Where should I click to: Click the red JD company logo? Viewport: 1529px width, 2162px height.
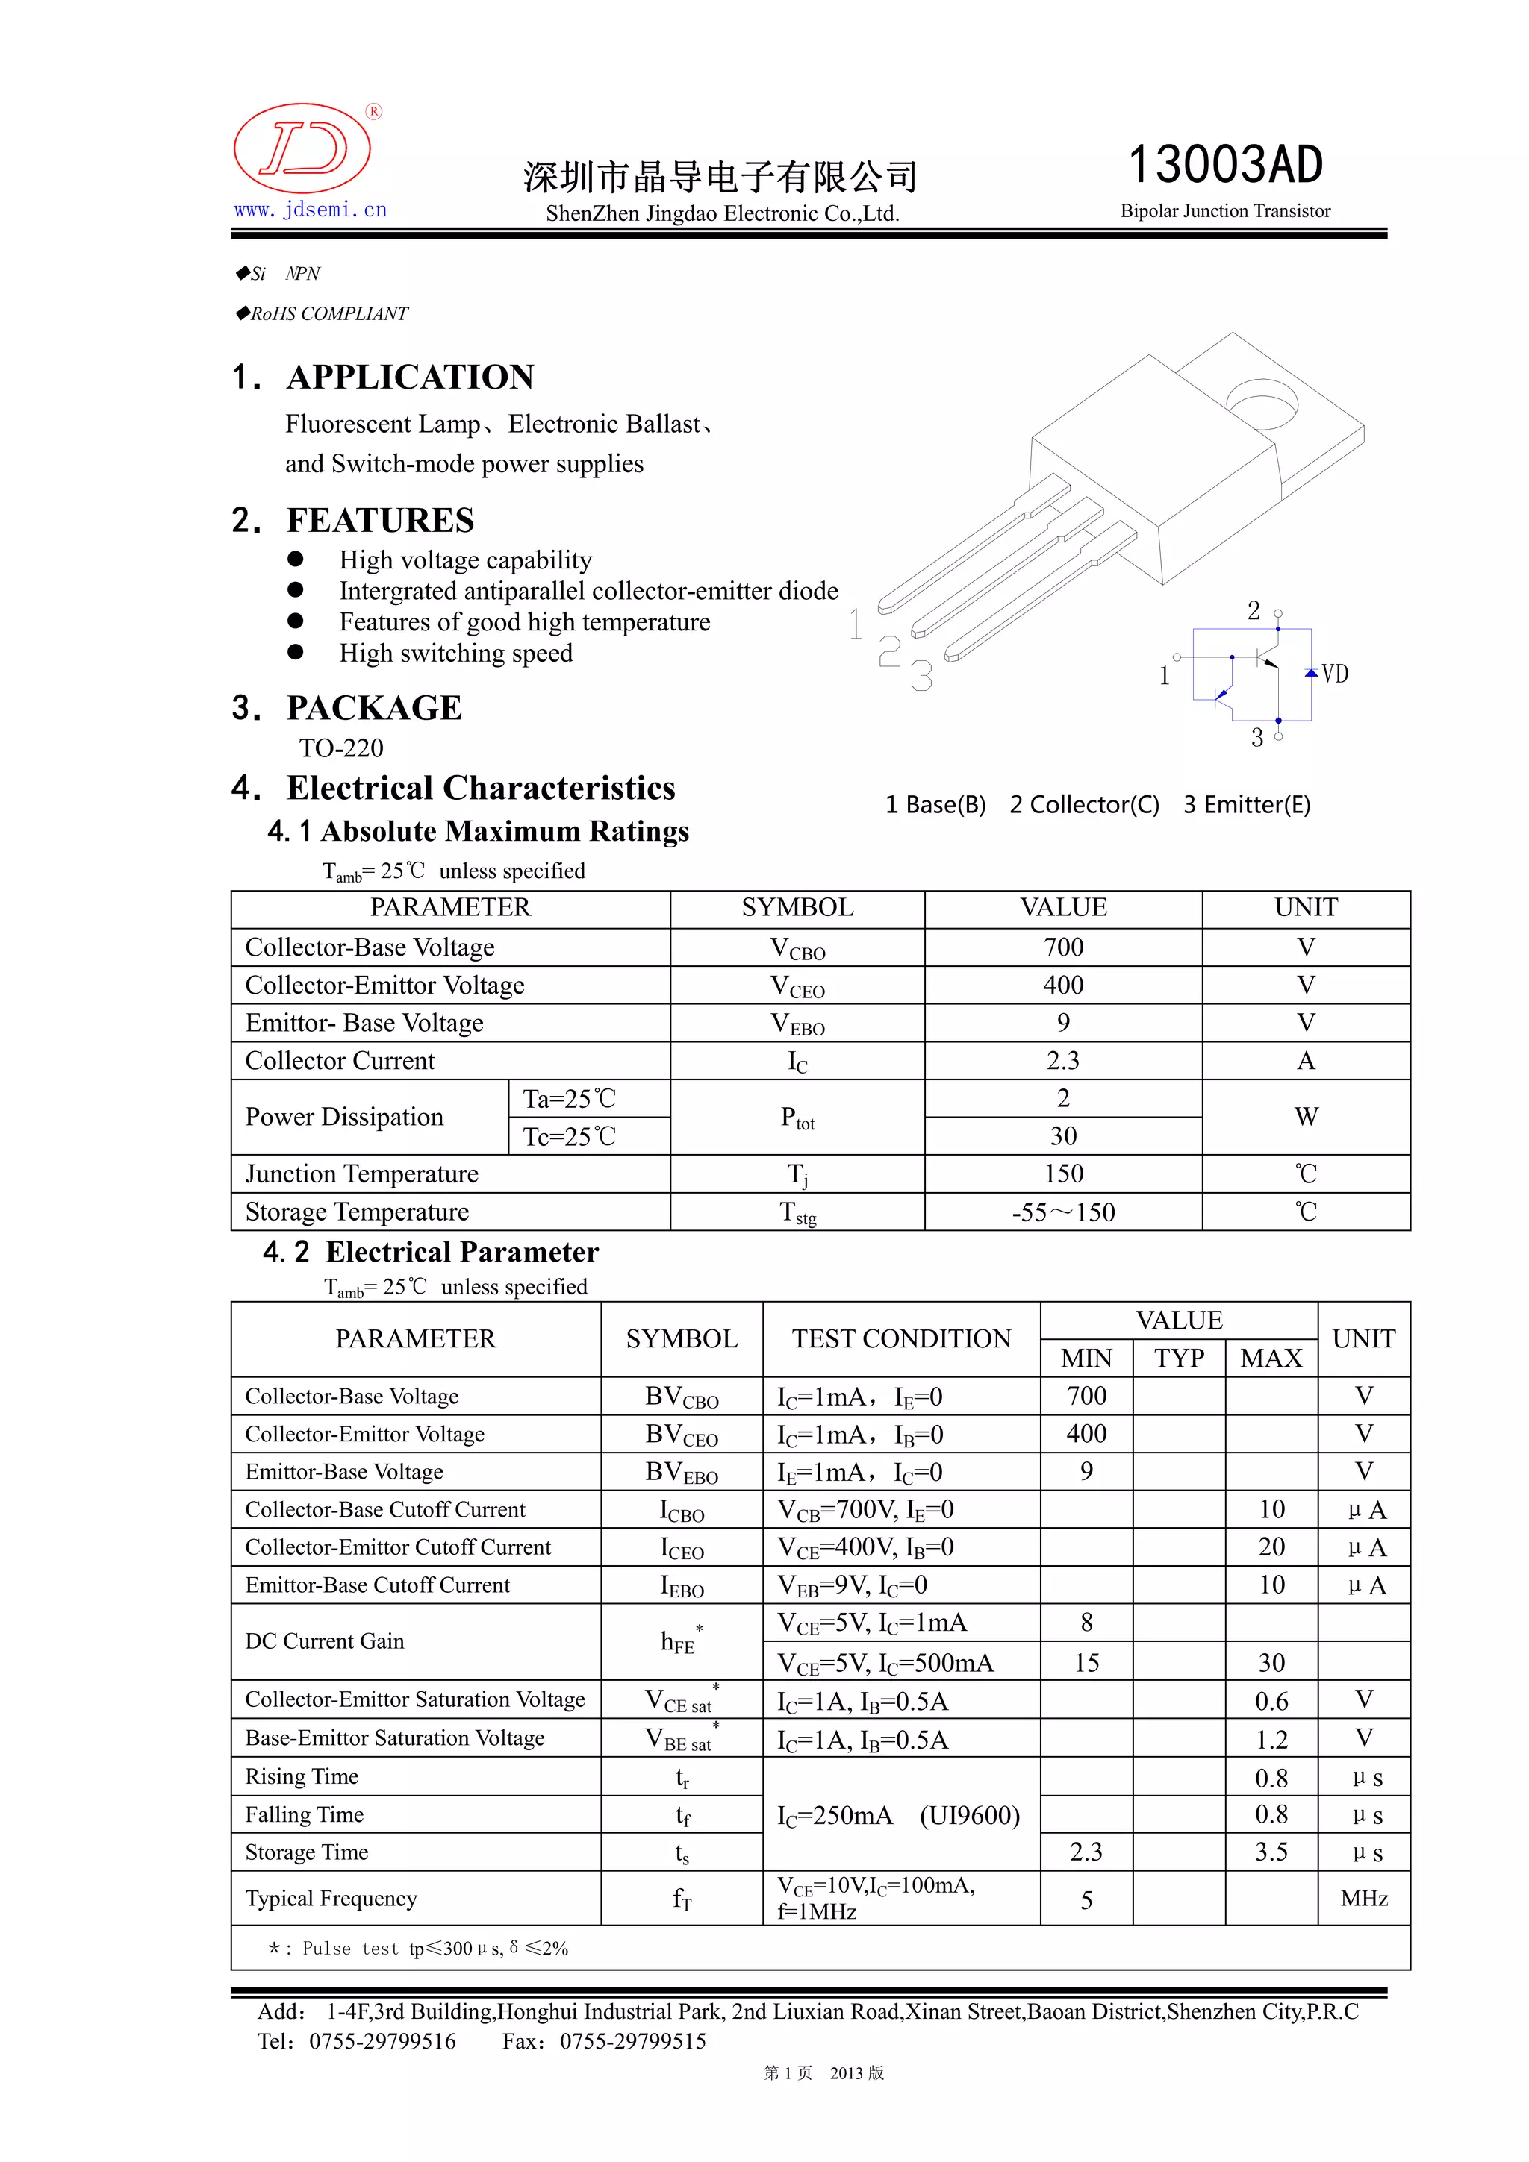coord(302,148)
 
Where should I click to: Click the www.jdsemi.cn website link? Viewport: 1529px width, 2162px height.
coord(311,210)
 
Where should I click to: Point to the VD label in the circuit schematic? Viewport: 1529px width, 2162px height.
coord(1334,674)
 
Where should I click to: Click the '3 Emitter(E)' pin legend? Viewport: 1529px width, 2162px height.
coord(1246,804)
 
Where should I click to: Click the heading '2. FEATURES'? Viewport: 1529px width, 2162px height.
coord(353,520)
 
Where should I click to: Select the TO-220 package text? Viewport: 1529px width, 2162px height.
coord(341,748)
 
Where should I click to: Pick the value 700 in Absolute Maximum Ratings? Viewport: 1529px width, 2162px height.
coord(1062,947)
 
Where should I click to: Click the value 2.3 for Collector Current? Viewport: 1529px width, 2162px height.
coord(1062,1060)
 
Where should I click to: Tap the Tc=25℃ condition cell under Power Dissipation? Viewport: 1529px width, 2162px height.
coord(569,1136)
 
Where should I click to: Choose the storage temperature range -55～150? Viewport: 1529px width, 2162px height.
coord(1062,1212)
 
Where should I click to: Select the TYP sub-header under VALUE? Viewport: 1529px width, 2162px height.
coord(1179,1358)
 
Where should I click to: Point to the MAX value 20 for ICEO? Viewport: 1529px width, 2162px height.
coord(1271,1547)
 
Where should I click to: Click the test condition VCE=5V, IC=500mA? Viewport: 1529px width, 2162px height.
coord(885,1664)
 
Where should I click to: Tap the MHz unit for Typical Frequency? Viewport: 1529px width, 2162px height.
coord(1363,1899)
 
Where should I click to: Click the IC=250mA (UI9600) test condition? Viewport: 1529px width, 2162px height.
coord(898,1816)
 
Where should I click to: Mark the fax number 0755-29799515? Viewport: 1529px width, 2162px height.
coord(632,2041)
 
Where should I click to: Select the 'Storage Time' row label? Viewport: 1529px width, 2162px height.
coord(307,1852)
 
